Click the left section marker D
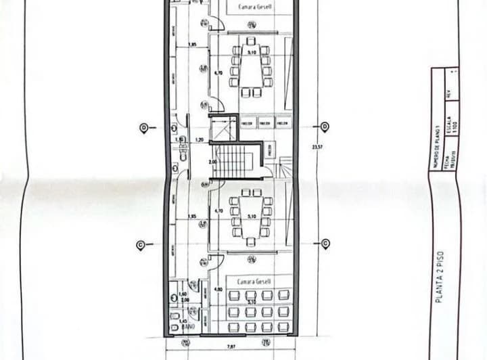[143, 127]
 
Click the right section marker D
[325, 127]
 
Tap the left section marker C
[140, 244]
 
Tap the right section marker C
[325, 244]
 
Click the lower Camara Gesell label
[250, 280]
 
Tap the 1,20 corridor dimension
[200, 139]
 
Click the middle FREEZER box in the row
[266, 123]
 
